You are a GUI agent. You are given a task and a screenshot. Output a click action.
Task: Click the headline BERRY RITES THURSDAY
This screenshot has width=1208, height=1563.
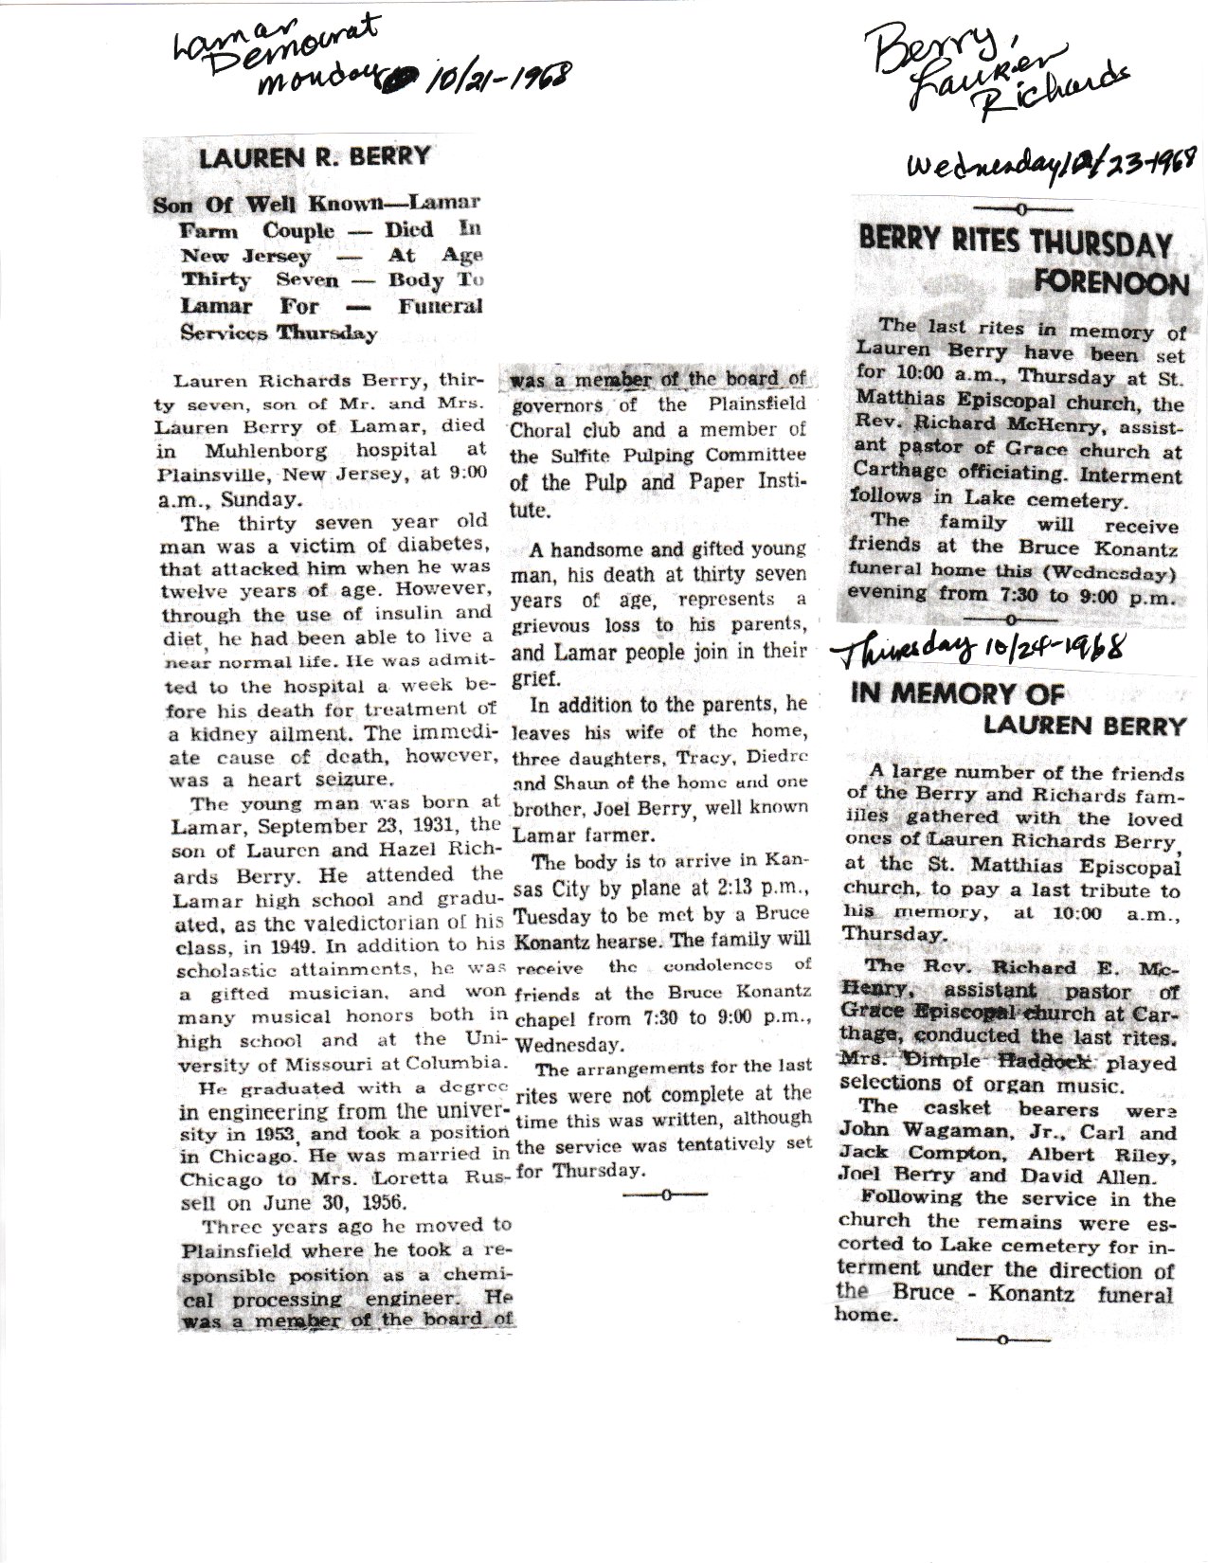(1015, 244)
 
